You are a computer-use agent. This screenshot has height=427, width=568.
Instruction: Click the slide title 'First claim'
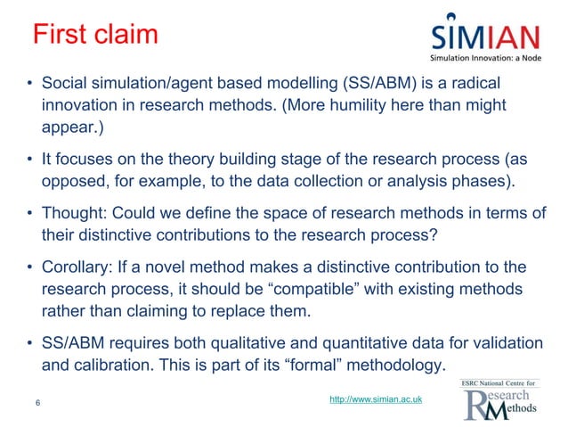94,36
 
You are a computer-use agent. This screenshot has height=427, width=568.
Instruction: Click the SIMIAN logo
485,37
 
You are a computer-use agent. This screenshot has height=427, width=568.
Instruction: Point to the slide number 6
37,403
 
